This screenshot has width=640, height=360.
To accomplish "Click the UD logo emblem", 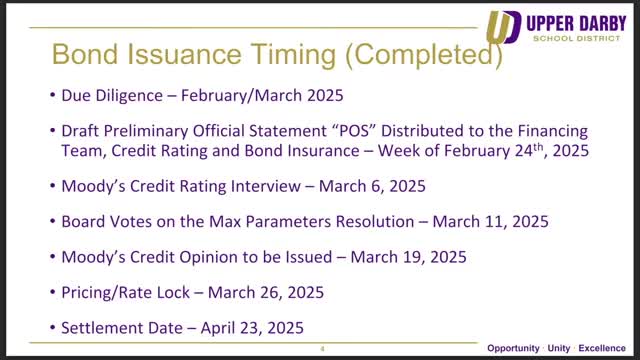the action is (504, 27).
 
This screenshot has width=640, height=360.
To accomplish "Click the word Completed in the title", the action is (424, 55).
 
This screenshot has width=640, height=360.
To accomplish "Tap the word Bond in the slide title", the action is (85, 54).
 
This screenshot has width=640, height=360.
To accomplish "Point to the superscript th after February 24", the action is (538, 146).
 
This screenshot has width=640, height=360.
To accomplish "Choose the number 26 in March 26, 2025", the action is (269, 293).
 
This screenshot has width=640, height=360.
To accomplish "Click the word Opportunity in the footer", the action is (513, 349).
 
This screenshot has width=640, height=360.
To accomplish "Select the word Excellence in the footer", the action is (602, 348).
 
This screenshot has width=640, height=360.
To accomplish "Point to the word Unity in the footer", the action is (559, 349).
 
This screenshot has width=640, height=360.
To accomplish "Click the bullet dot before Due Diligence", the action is (52, 96).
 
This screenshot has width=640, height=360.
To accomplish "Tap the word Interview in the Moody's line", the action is (266, 186).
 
